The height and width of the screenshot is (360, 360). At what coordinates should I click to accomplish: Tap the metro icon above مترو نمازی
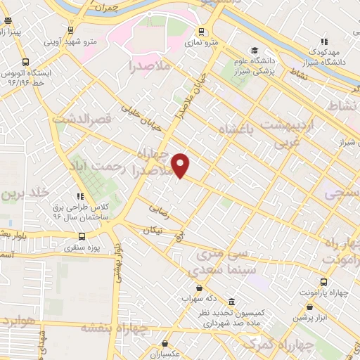tap(202, 31)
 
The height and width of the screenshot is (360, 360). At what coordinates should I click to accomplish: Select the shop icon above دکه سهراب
tap(200, 288)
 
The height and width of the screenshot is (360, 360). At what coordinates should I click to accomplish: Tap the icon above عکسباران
tap(165, 344)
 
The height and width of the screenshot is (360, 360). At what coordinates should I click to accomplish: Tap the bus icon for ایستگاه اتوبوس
tap(25, 62)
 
